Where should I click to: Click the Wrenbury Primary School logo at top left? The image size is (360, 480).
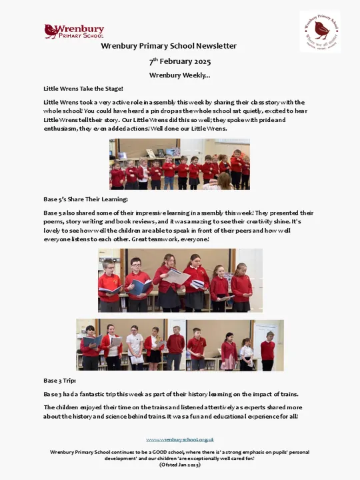[74, 31]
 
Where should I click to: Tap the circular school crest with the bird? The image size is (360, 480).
[319, 31]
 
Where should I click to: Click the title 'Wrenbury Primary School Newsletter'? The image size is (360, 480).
[169, 46]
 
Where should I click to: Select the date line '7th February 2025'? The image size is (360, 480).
[179, 61]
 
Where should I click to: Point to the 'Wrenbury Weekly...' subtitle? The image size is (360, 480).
[179, 75]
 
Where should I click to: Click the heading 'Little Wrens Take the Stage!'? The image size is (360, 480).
[83, 88]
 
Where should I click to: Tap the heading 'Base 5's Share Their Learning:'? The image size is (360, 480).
[85, 199]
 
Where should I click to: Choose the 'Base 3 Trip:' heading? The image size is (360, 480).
[60, 380]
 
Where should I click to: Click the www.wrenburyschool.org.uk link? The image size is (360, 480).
[180, 439]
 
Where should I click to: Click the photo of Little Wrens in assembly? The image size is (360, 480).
[179, 164]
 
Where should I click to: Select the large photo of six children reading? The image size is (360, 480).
[180, 280]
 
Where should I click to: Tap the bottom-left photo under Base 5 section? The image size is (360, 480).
[130, 345]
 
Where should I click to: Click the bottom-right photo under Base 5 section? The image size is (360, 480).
[234, 345]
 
